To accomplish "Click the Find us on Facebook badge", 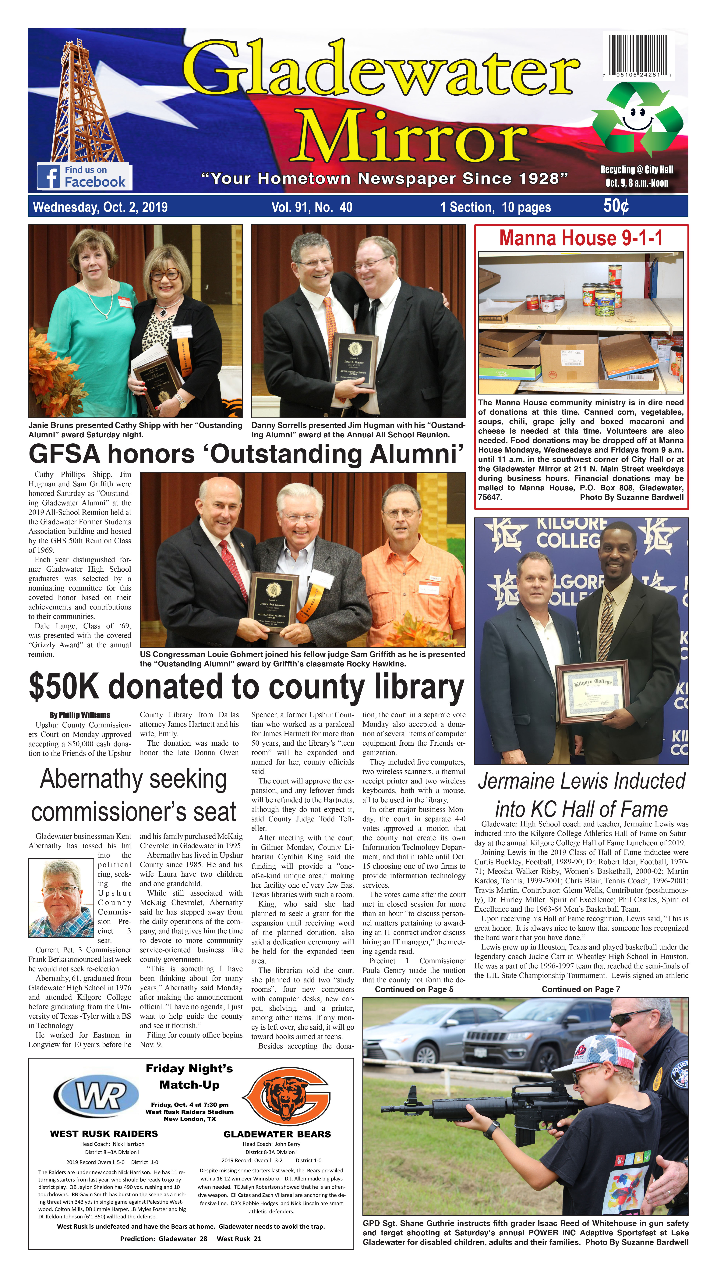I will tap(83, 176).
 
